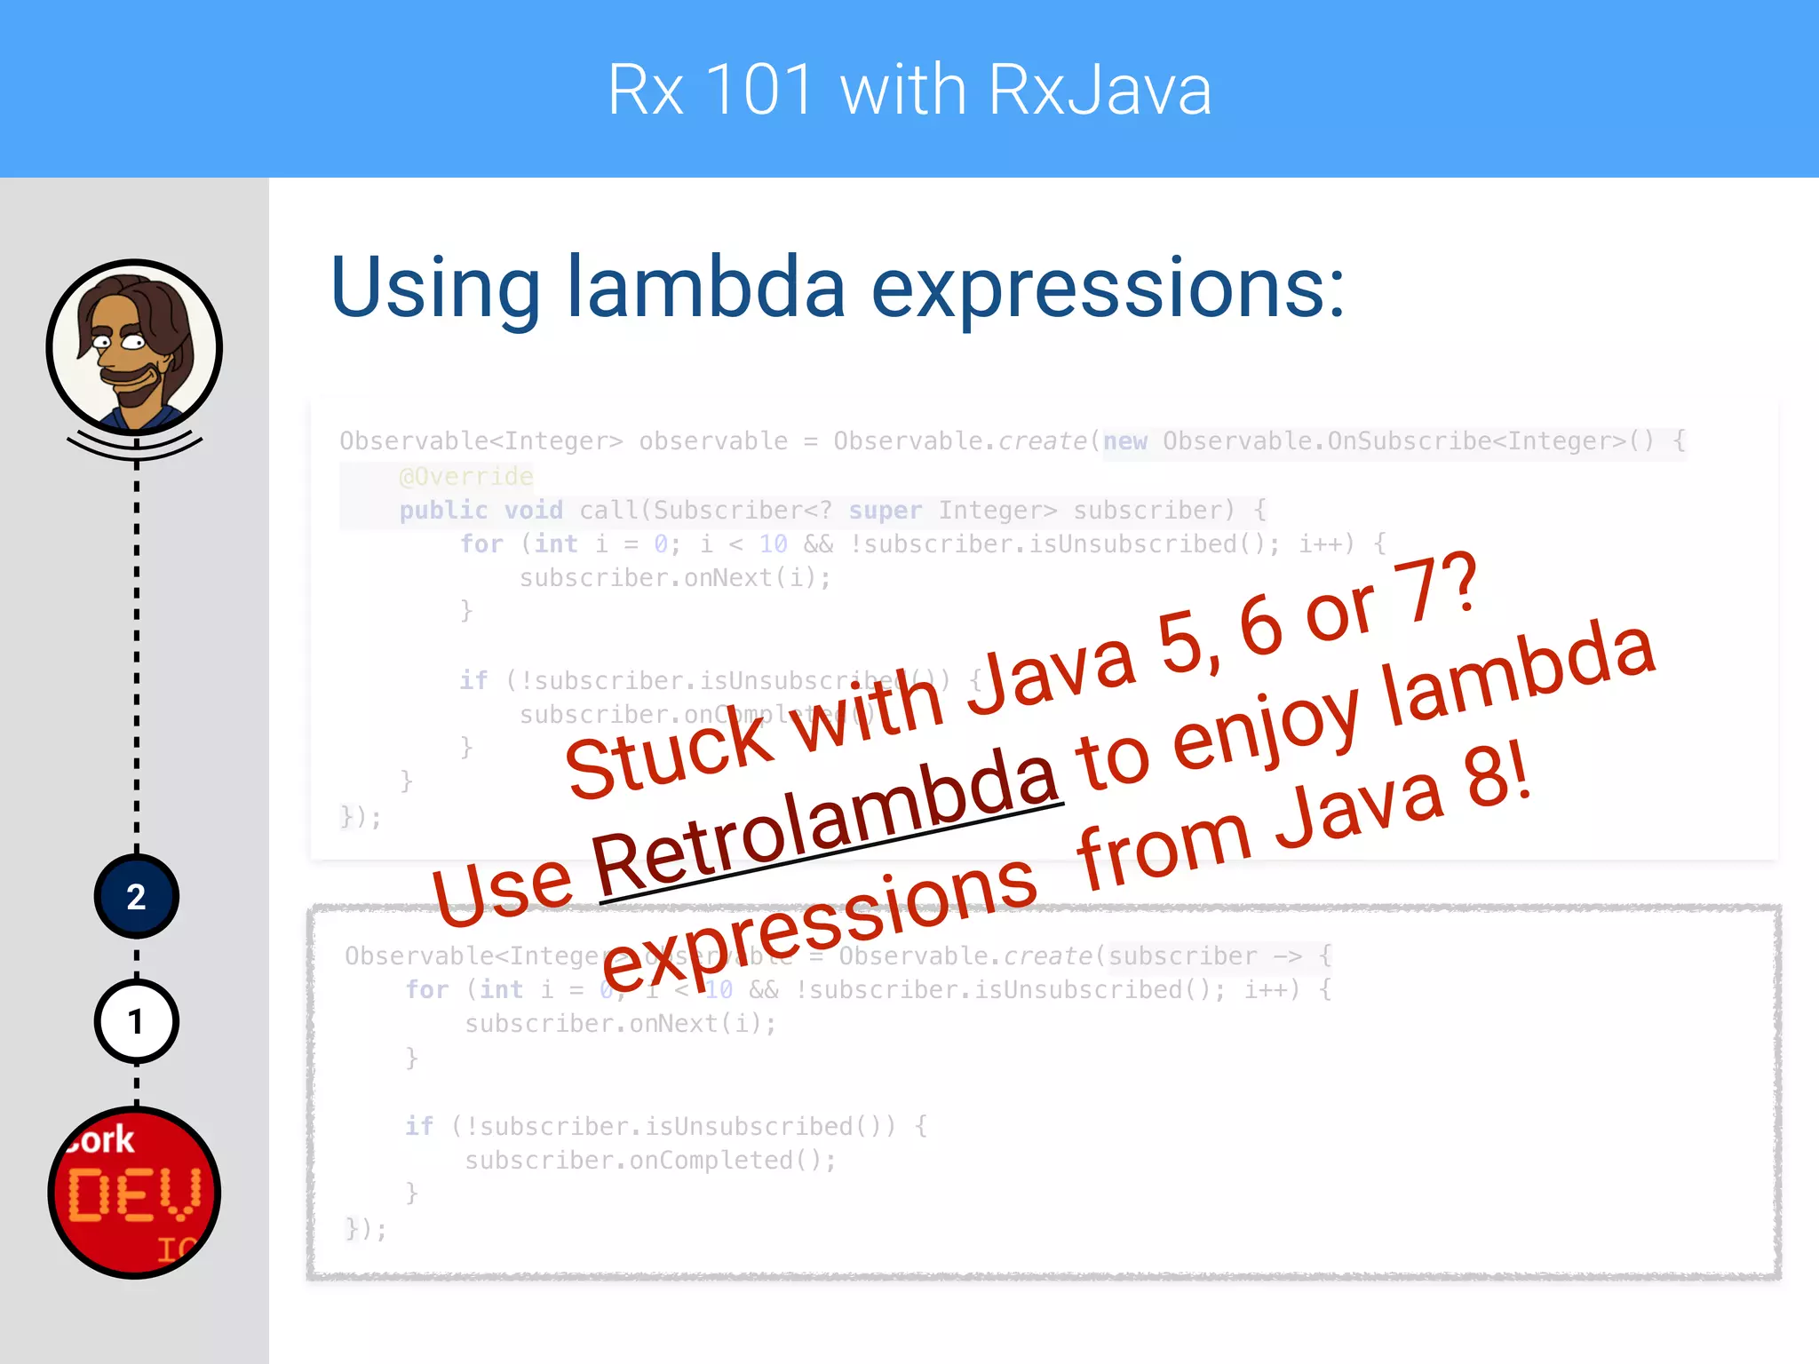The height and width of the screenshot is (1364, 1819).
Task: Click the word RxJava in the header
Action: tap(1100, 91)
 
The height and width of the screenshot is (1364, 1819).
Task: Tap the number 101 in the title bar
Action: tap(759, 91)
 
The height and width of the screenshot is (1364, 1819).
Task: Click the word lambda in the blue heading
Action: tap(706, 288)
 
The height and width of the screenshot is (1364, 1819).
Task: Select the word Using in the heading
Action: tap(435, 288)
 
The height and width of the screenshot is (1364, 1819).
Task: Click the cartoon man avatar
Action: tap(135, 347)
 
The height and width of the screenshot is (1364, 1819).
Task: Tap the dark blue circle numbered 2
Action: tap(136, 897)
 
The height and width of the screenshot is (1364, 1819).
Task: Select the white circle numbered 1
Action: tap(136, 1022)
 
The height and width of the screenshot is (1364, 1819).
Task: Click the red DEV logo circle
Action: tap(135, 1193)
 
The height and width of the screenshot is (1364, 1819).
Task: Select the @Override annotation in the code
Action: tap(466, 477)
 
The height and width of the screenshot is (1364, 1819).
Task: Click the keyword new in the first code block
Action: tap(1125, 441)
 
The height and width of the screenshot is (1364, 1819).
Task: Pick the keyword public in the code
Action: tap(443, 511)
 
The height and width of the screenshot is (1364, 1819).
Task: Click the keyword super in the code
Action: tap(885, 511)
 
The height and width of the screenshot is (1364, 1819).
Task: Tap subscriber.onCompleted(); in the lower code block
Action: tap(650, 1161)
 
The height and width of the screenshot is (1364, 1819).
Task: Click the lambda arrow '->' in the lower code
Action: tap(1287, 956)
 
